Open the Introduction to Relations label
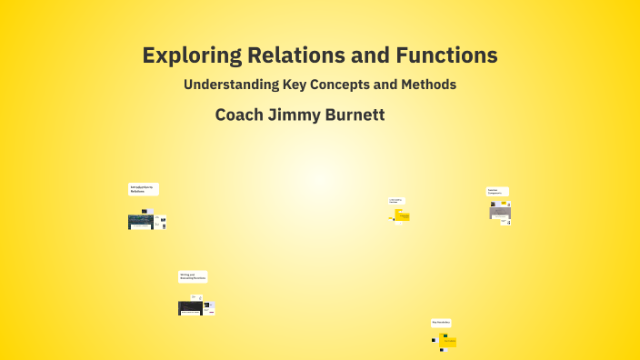click(x=143, y=189)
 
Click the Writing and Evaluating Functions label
click(x=193, y=276)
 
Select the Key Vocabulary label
click(x=441, y=323)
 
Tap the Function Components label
click(x=497, y=191)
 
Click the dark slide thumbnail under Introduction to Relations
click(x=141, y=221)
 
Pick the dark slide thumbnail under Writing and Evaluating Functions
click(x=190, y=307)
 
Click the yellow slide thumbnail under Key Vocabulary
click(x=448, y=342)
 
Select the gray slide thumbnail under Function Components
click(x=500, y=210)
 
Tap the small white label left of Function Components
click(x=396, y=200)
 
